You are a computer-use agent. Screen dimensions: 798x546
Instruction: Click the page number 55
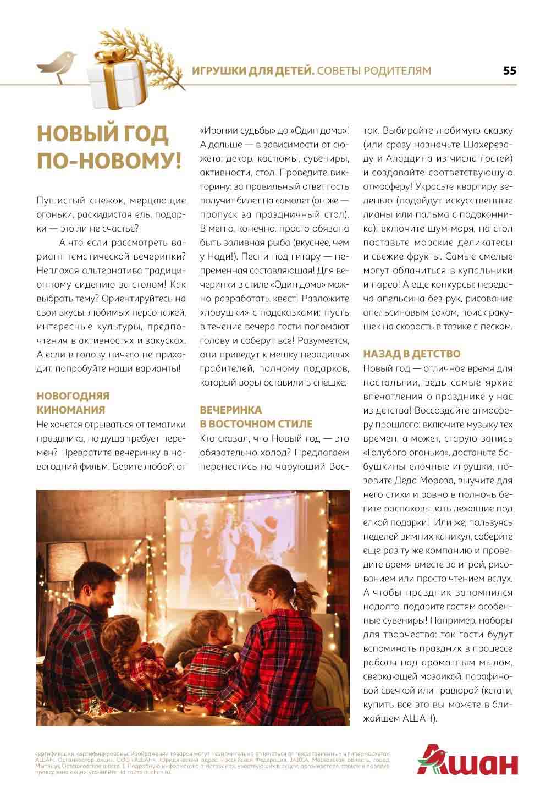(509, 71)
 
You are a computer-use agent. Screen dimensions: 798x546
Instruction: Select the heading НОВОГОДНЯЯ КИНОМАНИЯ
(73, 403)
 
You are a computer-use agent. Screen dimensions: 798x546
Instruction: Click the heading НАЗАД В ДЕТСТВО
(412, 354)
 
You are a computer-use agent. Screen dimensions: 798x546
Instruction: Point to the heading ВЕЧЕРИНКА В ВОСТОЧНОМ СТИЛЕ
(256, 417)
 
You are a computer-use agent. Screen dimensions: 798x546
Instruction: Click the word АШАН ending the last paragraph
(419, 718)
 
